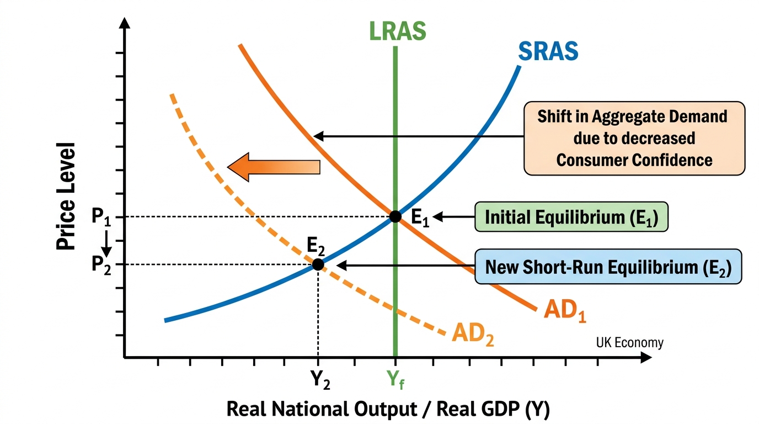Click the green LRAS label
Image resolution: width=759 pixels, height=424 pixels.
398,31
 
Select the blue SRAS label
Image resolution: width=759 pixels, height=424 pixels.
548,51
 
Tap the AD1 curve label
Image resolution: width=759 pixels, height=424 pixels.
565,311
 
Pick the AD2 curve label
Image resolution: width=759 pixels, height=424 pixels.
473,334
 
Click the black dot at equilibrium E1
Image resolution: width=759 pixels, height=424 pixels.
395,216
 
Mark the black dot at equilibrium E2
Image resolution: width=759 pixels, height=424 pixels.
318,264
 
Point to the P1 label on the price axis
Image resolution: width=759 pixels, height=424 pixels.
101,216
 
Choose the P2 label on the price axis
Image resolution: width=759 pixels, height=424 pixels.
101,265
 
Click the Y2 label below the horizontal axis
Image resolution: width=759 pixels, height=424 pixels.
320,380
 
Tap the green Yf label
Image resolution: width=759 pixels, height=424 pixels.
395,380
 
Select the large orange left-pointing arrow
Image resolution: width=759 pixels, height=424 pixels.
274,167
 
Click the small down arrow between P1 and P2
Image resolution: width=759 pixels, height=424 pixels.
106,243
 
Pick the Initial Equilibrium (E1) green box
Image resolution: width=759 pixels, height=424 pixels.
571,217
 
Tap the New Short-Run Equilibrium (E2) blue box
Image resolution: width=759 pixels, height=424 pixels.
608,267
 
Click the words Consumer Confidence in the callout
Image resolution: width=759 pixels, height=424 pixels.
634,160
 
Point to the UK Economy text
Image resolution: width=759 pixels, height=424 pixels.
629,343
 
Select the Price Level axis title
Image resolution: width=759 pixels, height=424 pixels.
66,197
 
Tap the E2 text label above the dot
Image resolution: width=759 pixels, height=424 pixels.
316,246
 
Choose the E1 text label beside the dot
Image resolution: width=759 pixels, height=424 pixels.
420,217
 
